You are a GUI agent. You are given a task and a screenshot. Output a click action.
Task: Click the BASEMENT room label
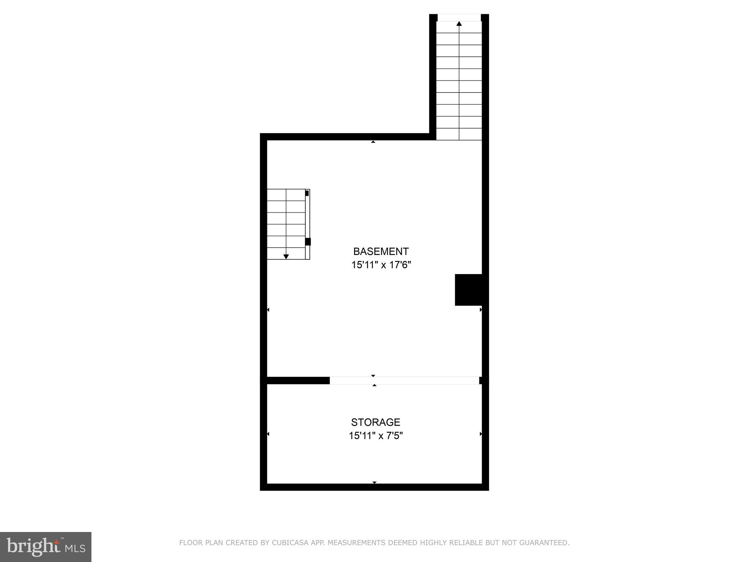[381, 251]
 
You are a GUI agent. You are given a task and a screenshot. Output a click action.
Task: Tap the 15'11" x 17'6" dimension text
[381, 265]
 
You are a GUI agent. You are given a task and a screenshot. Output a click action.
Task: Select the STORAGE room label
[376, 422]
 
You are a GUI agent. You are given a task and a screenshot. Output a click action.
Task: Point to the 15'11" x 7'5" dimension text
[376, 436]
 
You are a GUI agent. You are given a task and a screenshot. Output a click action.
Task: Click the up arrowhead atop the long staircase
[459, 24]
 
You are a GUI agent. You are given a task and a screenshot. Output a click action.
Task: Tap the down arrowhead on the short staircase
[286, 256]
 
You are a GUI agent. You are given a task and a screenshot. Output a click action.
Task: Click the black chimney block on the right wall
[468, 289]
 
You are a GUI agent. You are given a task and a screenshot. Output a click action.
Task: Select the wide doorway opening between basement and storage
[404, 381]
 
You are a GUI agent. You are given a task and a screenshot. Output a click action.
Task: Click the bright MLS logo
[46, 547]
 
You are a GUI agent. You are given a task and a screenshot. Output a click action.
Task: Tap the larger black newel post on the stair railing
[308, 241]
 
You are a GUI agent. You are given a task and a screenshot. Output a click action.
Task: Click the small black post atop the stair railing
[307, 193]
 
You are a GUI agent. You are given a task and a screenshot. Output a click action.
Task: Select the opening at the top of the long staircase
[459, 18]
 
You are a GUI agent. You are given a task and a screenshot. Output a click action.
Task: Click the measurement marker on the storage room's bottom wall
[374, 483]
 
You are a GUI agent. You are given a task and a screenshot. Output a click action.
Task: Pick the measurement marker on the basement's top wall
[373, 142]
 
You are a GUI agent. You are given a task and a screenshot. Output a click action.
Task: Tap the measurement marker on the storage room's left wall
[268, 434]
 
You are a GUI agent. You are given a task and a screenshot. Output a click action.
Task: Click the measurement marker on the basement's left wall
[268, 310]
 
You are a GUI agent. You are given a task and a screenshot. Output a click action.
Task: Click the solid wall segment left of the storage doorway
[298, 381]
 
